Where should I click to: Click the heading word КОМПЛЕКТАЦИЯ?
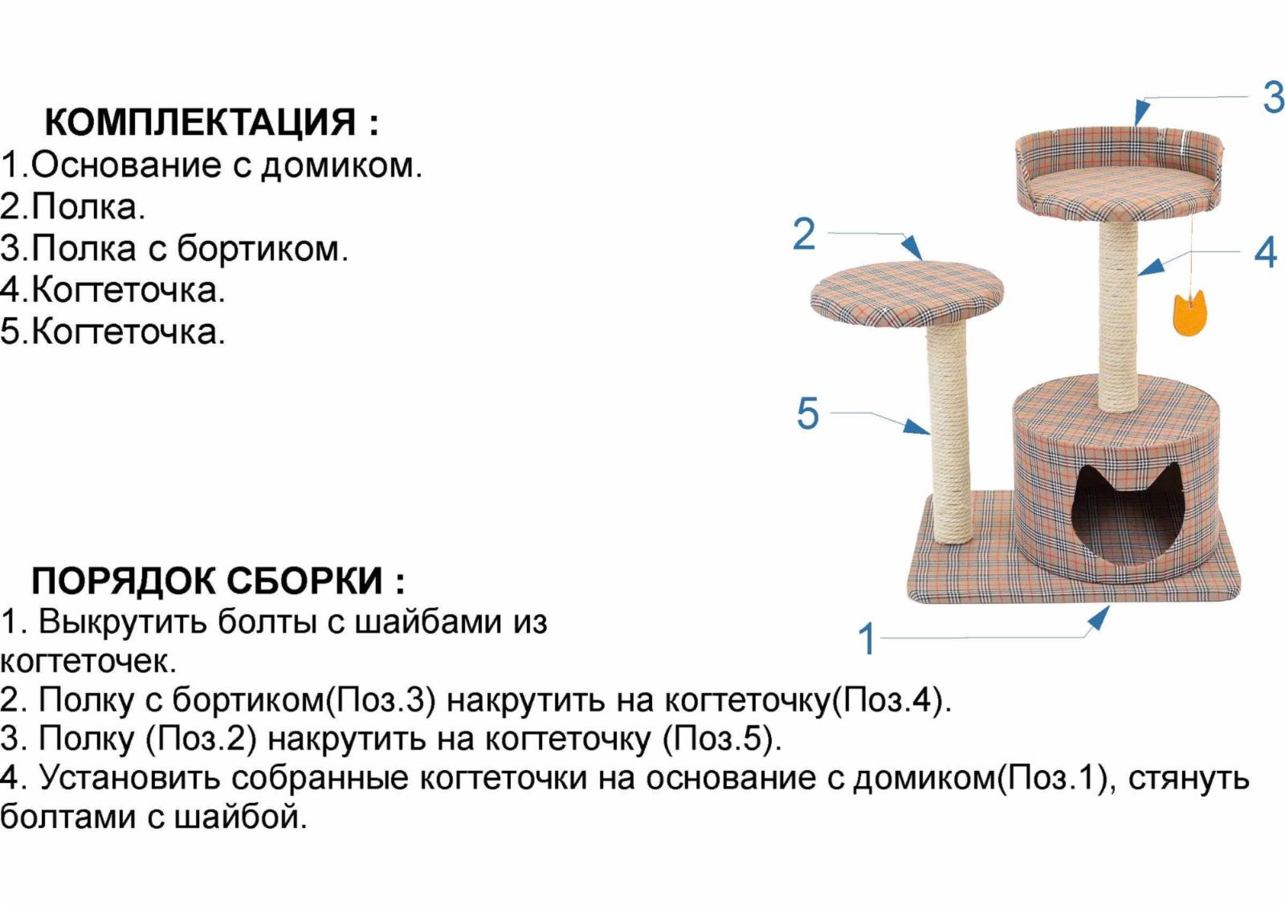click(x=200, y=123)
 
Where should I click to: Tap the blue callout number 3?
click(x=1273, y=98)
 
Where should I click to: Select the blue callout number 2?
click(x=804, y=234)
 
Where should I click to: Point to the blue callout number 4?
click(x=1266, y=252)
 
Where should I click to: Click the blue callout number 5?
click(x=808, y=414)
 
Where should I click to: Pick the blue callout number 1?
click(x=867, y=639)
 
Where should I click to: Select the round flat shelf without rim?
click(x=907, y=291)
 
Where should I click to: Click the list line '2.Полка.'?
click(x=73, y=207)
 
